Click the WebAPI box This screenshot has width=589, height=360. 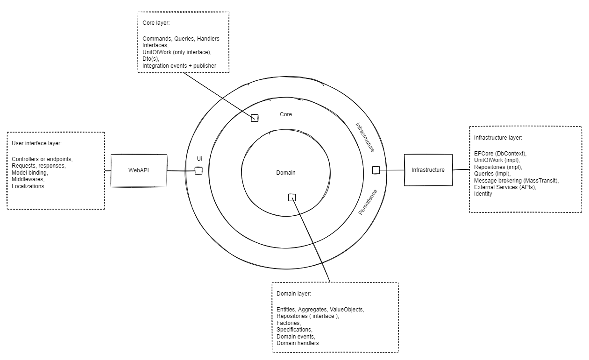(x=139, y=170)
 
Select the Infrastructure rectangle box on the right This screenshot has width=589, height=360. (x=428, y=170)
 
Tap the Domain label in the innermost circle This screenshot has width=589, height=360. (x=285, y=173)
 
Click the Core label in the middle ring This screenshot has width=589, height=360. (x=286, y=114)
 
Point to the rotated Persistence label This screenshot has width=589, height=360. (x=368, y=202)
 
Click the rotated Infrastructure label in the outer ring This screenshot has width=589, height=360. (x=365, y=137)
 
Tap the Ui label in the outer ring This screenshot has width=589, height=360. (x=199, y=159)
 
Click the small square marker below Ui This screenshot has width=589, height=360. (x=199, y=171)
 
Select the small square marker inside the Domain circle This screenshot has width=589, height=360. (x=292, y=198)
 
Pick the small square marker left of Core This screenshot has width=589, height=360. (x=255, y=118)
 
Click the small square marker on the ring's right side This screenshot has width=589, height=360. (x=376, y=170)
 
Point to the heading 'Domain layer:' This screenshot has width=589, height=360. (x=293, y=294)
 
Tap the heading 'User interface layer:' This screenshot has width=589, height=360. (x=36, y=143)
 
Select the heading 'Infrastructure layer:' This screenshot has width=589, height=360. (x=498, y=138)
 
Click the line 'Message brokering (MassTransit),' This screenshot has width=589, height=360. (x=516, y=180)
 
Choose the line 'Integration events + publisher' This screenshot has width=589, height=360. (x=179, y=66)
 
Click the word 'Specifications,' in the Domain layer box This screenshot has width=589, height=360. (x=294, y=330)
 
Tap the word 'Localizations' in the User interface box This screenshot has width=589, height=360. (x=28, y=186)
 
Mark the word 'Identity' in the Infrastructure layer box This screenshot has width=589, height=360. (x=483, y=194)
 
